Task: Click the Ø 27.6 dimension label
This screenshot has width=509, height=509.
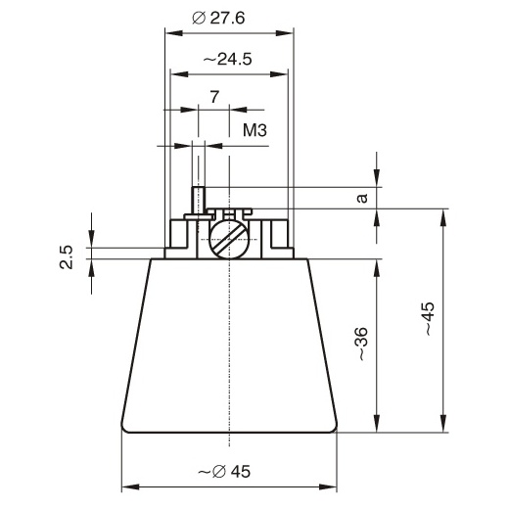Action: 218,18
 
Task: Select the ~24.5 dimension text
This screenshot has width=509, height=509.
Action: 227,60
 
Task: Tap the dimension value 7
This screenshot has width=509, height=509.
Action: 214,97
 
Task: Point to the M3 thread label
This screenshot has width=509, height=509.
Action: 254,130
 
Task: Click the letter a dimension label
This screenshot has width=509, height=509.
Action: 362,198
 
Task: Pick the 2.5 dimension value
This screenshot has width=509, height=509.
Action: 67,257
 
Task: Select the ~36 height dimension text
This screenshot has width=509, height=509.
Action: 362,344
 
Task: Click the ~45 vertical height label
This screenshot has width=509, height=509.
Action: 429,319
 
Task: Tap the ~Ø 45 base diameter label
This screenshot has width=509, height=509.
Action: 224,471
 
